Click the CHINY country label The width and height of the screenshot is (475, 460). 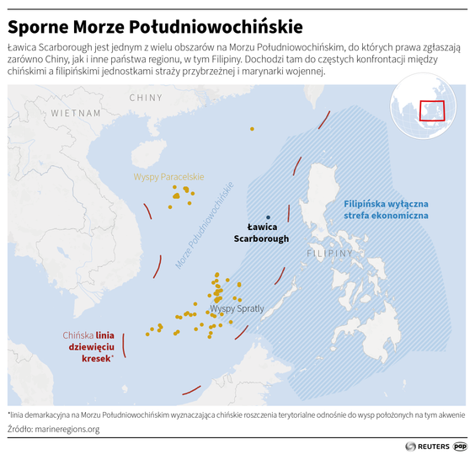(146, 99)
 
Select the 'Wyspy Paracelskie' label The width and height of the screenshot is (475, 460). (169, 177)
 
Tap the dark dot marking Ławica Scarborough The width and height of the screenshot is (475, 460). (268, 217)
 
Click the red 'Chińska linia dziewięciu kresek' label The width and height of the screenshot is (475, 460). (88, 347)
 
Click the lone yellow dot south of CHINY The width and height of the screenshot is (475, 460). (251, 128)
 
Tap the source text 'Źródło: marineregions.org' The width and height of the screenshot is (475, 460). (54, 430)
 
